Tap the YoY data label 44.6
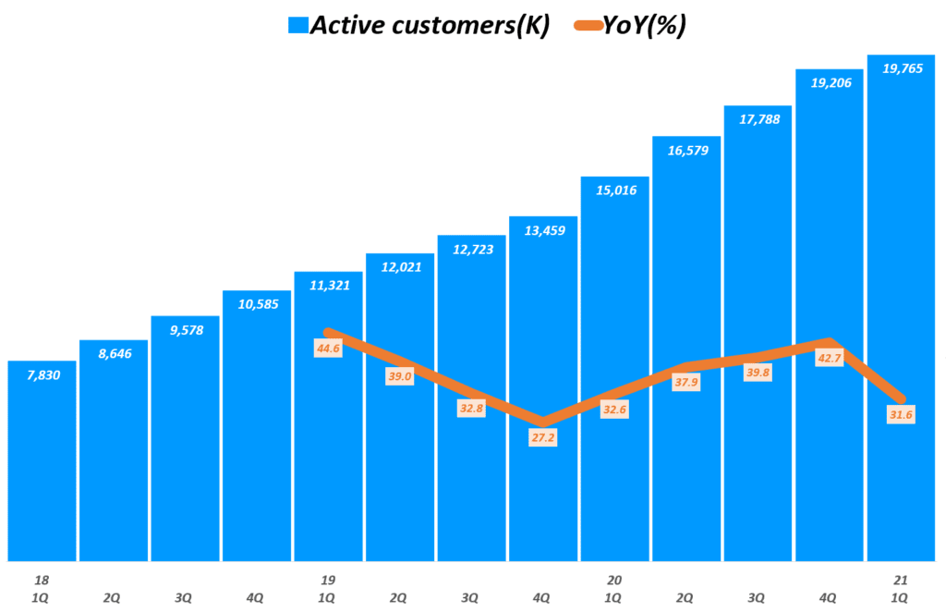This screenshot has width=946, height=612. [x=328, y=349]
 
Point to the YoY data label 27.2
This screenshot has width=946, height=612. [x=543, y=438]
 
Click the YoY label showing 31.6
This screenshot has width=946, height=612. [x=901, y=414]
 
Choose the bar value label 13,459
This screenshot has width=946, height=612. [x=543, y=231]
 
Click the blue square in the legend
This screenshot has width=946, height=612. [x=298, y=25]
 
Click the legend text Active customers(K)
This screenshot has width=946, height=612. [x=430, y=25]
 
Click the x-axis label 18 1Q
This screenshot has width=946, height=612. [x=41, y=589]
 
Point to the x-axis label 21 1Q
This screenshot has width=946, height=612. [x=901, y=589]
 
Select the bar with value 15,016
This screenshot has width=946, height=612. [x=615, y=370]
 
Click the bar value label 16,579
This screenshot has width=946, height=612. [x=686, y=151]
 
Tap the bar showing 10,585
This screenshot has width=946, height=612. [x=257, y=425]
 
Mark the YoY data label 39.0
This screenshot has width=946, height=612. [x=400, y=377]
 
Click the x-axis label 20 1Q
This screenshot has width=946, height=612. [x=615, y=589]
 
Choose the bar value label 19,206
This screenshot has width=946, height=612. [x=830, y=82]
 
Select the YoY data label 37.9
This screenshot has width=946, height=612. [x=686, y=383]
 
